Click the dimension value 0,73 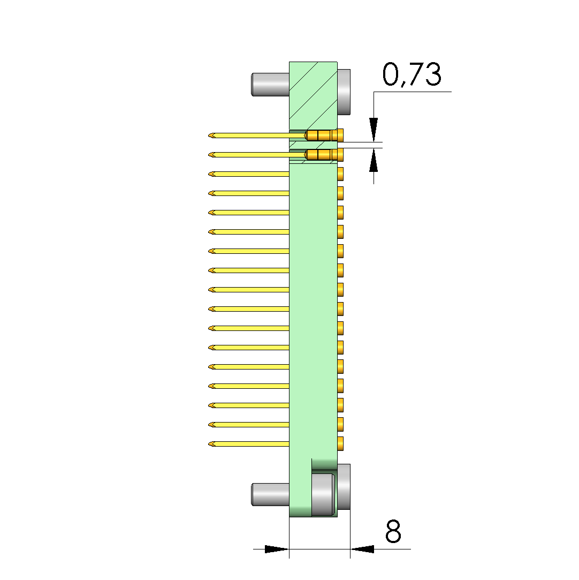412,74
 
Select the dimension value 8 393,531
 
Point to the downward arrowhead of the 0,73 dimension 374,130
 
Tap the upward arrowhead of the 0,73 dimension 374,160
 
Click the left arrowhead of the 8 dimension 277,549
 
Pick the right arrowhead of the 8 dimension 362,549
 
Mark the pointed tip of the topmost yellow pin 209,135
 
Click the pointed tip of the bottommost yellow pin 209,444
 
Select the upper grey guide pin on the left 270,85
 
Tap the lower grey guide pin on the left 270,494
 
